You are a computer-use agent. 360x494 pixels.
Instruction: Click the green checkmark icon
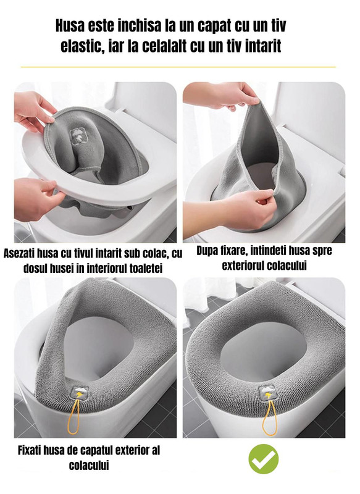264,459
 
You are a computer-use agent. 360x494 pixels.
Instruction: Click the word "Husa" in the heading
70,25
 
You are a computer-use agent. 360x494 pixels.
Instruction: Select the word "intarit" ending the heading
262,46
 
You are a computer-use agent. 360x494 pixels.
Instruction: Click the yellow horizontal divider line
178,67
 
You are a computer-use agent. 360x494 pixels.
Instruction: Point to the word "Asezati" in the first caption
19,253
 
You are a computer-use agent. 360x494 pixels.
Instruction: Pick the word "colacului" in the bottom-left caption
89,466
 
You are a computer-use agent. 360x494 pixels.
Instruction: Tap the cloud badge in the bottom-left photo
80,393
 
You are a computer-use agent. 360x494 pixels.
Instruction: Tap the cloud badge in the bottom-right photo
267,393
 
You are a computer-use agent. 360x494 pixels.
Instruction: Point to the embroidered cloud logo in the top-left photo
78,136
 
